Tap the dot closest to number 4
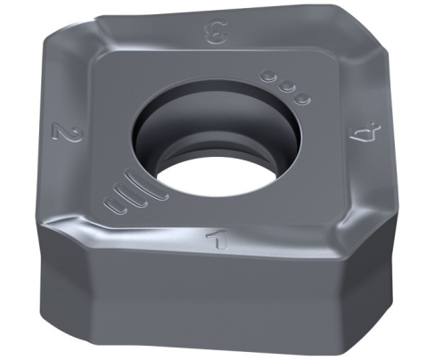(303, 97)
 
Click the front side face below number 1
(214, 303)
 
